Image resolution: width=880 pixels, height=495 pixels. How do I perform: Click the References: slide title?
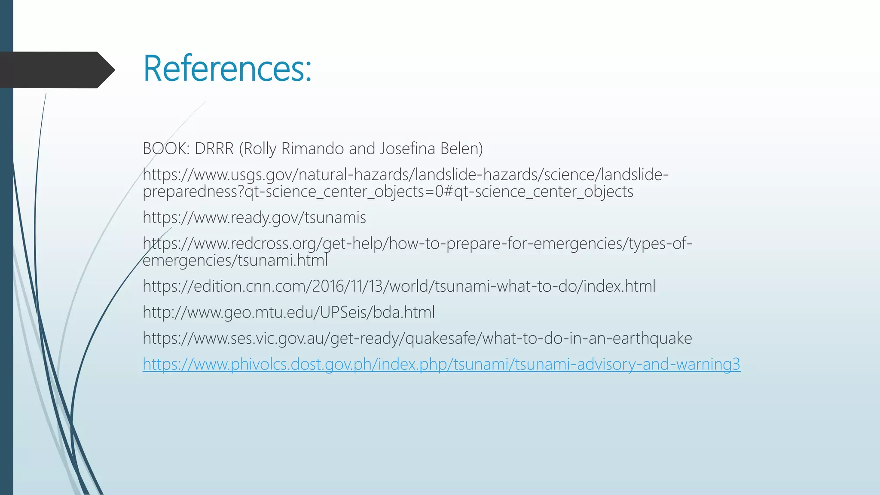(x=227, y=69)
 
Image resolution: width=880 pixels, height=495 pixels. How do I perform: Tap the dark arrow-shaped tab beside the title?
(x=56, y=70)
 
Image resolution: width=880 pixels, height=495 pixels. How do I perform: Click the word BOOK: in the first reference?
(x=166, y=149)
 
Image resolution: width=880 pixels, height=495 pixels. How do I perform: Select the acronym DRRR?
(x=214, y=149)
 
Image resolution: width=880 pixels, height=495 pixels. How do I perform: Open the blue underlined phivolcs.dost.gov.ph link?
(x=441, y=364)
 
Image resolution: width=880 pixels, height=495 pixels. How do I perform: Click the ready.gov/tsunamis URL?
(x=254, y=218)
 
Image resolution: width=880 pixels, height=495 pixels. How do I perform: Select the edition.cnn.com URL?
(x=399, y=287)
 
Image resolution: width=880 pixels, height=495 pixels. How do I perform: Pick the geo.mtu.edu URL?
(x=288, y=312)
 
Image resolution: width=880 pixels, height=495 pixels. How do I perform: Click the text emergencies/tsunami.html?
(x=235, y=260)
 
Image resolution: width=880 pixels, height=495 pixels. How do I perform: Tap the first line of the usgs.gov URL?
(x=405, y=175)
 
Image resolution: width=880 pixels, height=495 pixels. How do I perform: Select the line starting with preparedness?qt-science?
(x=388, y=192)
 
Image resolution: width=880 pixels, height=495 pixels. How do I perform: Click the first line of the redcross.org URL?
(x=417, y=244)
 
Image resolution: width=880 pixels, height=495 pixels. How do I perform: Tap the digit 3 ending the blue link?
(x=736, y=364)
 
